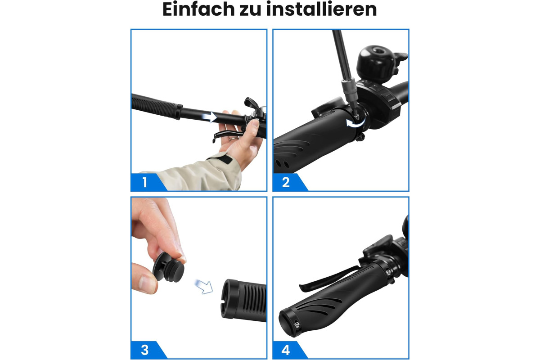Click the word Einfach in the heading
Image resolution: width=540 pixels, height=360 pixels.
tap(198, 9)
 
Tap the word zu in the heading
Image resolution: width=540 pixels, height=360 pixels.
tap(251, 11)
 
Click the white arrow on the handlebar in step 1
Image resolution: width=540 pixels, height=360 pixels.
tap(210, 117)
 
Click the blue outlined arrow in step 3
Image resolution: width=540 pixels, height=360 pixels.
tap(204, 287)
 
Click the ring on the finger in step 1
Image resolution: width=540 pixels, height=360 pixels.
tap(234, 139)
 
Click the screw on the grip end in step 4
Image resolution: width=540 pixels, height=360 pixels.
tap(297, 324)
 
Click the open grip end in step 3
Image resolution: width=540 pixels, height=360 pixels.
tap(228, 299)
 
